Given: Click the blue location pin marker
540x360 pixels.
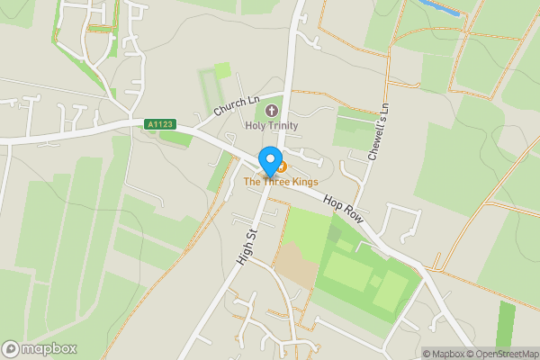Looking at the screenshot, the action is [269, 161].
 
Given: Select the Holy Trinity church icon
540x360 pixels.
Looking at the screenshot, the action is [272, 111].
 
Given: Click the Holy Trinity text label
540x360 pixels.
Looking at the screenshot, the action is [272, 126].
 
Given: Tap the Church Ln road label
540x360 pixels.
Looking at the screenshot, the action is [237, 105].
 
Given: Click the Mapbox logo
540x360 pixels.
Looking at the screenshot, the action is [40, 348].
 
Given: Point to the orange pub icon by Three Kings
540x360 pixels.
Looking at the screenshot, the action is [282, 166].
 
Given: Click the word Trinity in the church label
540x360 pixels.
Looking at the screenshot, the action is [283, 126].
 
